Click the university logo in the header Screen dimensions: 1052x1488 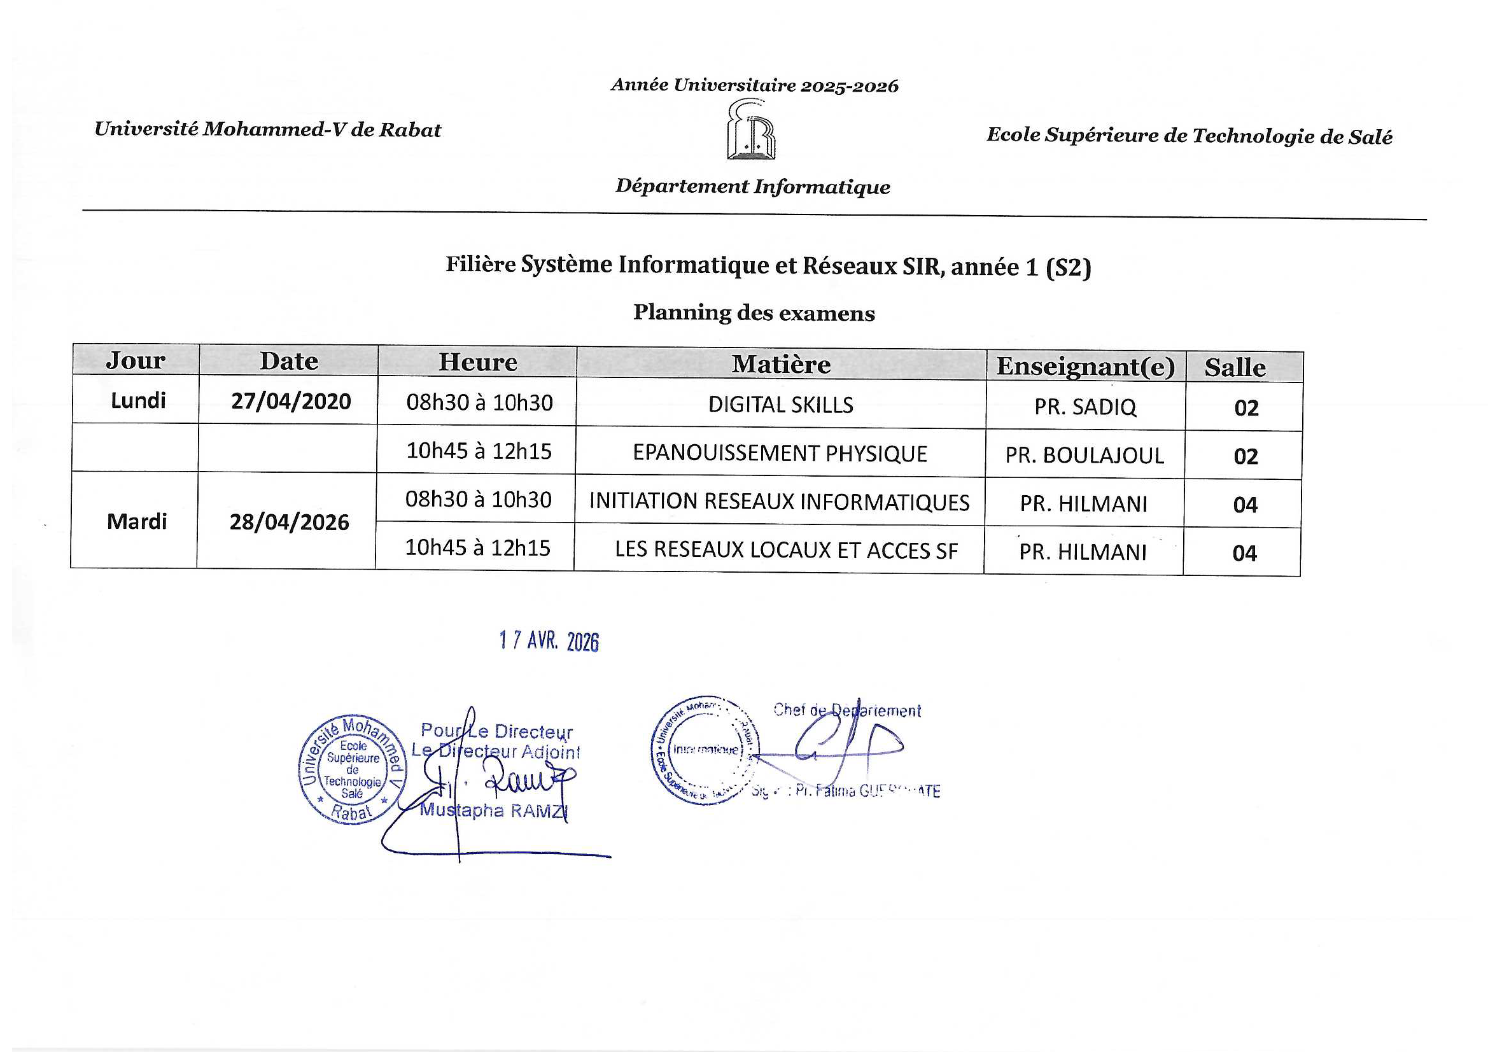751,130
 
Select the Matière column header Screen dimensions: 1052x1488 781,364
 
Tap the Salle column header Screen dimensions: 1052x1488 1235,367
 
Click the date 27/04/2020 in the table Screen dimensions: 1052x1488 291,401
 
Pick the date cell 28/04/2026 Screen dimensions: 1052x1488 289,522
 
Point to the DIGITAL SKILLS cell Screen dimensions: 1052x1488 780,405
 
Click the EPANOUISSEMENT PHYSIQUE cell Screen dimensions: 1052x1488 780,454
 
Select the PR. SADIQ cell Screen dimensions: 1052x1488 1085,407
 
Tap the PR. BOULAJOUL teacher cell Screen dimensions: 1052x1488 1084,456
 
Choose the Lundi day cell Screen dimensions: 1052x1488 138,400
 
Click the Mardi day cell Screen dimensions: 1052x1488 137,521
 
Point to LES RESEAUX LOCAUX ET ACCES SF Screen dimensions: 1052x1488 785,551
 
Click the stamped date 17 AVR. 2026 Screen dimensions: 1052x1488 549,641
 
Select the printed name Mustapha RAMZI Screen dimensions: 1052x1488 493,810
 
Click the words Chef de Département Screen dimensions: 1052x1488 846,710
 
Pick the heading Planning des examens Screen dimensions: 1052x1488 754,313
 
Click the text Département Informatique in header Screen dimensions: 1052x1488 752,186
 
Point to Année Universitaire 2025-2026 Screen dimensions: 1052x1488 754,85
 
